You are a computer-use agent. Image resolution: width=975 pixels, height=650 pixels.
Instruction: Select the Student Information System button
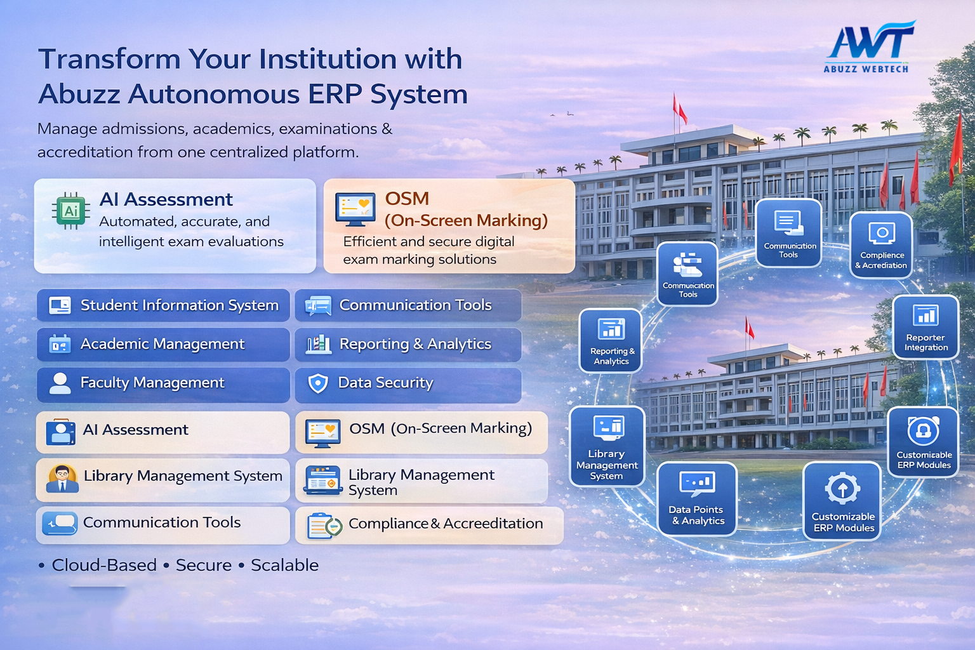[163, 305]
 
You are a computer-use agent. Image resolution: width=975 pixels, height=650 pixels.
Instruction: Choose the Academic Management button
[163, 344]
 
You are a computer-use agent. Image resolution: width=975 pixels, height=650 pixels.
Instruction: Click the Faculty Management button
[163, 383]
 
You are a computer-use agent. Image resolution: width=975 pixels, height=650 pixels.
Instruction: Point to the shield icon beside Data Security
[317, 383]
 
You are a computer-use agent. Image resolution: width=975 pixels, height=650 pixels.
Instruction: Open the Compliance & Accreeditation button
[429, 525]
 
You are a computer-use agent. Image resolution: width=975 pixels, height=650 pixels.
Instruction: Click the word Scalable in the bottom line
[284, 565]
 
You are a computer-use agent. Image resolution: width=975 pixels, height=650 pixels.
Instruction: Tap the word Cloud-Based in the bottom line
[104, 565]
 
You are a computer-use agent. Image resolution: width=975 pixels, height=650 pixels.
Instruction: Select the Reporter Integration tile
[925, 327]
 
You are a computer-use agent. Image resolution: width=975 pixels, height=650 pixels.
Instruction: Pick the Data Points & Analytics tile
[697, 499]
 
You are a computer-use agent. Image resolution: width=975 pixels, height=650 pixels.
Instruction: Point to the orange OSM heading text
[407, 199]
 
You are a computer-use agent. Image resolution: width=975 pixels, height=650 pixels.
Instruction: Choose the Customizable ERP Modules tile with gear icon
[842, 501]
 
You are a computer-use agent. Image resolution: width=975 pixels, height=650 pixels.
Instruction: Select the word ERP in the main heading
[335, 95]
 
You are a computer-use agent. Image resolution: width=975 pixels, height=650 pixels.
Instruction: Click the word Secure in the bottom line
[204, 565]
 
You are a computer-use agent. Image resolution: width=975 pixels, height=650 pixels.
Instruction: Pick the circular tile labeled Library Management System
[607, 446]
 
